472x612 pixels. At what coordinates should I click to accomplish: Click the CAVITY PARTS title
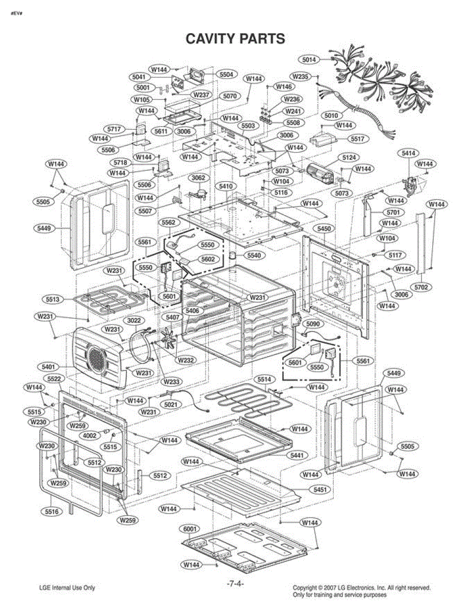235,39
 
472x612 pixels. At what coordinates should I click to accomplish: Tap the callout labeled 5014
309,60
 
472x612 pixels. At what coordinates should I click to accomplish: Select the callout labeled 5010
331,116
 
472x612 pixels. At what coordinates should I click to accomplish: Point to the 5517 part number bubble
358,139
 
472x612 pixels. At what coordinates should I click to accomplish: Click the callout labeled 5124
349,157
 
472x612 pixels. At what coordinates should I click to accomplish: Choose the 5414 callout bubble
409,153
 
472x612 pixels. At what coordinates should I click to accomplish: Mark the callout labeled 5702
421,287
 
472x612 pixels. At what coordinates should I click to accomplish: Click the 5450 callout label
324,229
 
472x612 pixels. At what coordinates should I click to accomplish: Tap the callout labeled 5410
225,187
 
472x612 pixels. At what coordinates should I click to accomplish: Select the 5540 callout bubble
253,254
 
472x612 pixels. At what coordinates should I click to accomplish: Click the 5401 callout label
49,367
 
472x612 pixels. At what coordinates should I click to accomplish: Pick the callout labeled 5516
50,511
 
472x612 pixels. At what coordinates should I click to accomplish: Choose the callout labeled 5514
264,379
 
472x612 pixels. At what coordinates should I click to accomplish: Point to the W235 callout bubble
301,76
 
